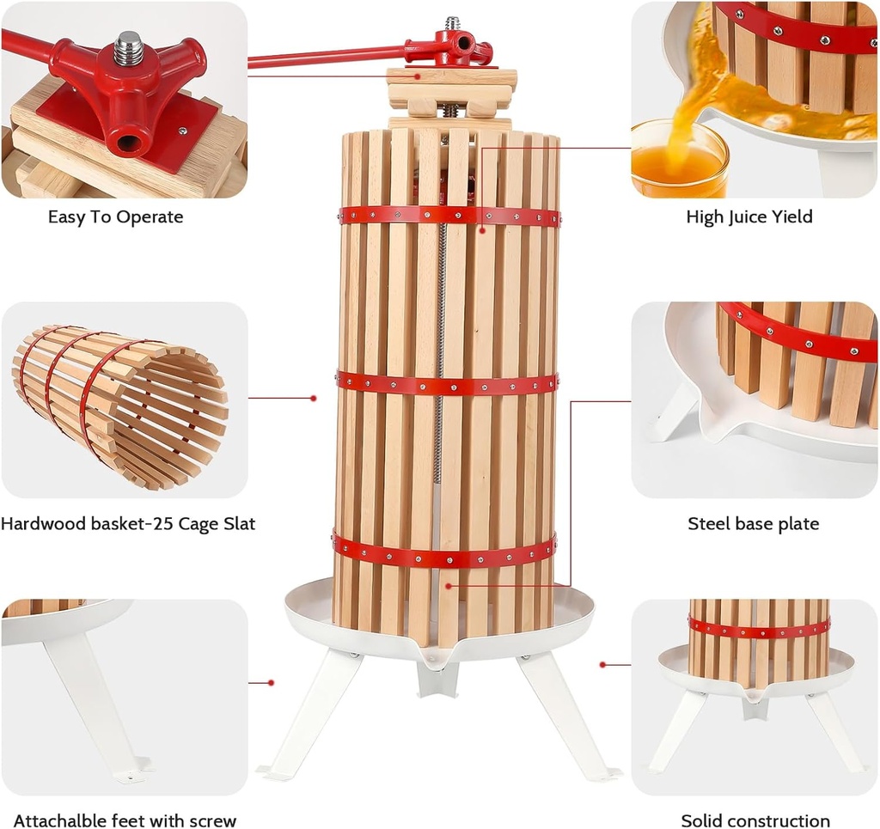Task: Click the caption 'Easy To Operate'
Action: tap(115, 217)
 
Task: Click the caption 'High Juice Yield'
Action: tap(749, 217)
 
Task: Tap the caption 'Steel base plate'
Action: tap(753, 524)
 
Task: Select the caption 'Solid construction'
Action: tap(755, 821)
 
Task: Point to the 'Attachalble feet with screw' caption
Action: tap(125, 821)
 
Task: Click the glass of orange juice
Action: tap(678, 160)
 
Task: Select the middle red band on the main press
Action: tap(447, 384)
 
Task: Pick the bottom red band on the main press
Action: tap(444, 552)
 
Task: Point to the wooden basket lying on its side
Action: tap(120, 404)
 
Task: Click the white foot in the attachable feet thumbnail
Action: tap(95, 704)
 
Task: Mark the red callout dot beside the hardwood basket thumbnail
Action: tap(314, 398)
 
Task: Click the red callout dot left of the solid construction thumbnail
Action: tap(603, 664)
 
